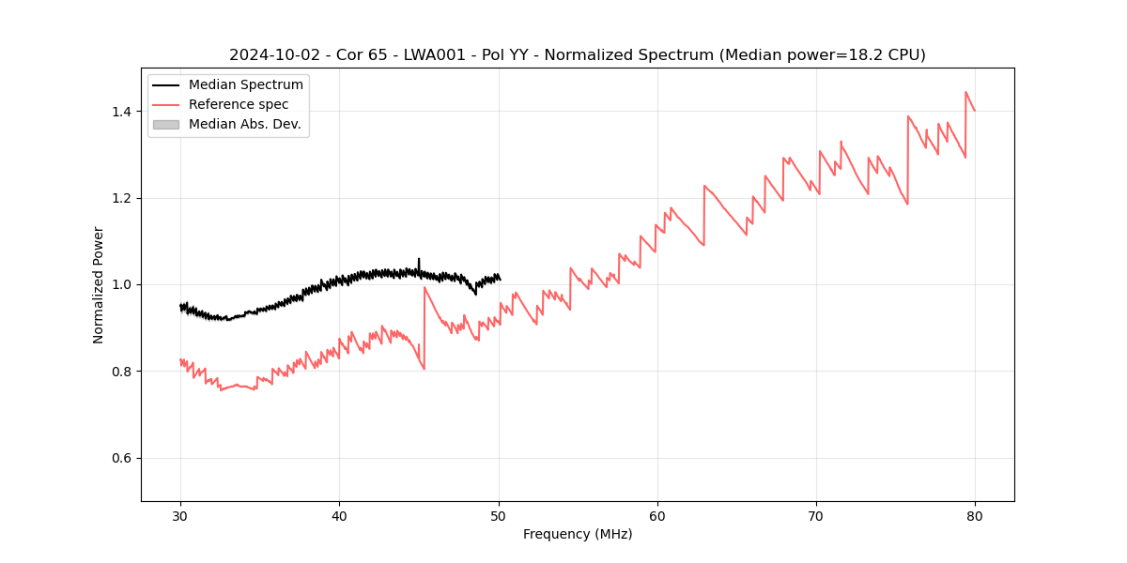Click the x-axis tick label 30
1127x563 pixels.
180,515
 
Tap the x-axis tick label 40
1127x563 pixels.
339,515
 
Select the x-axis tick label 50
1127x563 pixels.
499,515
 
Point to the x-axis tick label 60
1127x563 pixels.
657,515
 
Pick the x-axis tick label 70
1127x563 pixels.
816,515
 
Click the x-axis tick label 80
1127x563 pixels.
975,515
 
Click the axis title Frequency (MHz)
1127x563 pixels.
578,534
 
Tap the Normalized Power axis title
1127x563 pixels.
99,284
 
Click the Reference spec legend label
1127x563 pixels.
239,104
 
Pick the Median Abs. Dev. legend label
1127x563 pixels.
244,124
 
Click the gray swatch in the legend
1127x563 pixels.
165,124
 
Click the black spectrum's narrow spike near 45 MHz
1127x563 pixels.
419,261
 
